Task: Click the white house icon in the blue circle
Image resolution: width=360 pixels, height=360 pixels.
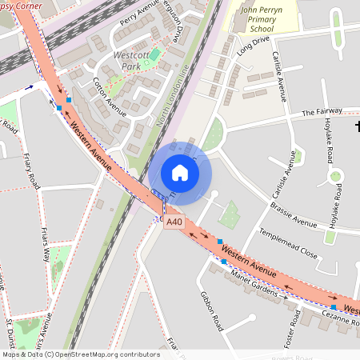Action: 180,172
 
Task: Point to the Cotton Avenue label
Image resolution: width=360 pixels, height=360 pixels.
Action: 110,97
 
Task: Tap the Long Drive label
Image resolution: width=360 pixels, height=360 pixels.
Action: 253,43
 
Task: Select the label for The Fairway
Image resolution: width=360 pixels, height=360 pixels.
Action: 322,113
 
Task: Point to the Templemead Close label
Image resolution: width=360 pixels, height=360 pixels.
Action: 287,243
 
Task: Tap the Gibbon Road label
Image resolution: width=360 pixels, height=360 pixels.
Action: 211,310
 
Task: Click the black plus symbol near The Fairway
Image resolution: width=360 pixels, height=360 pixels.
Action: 357,126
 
